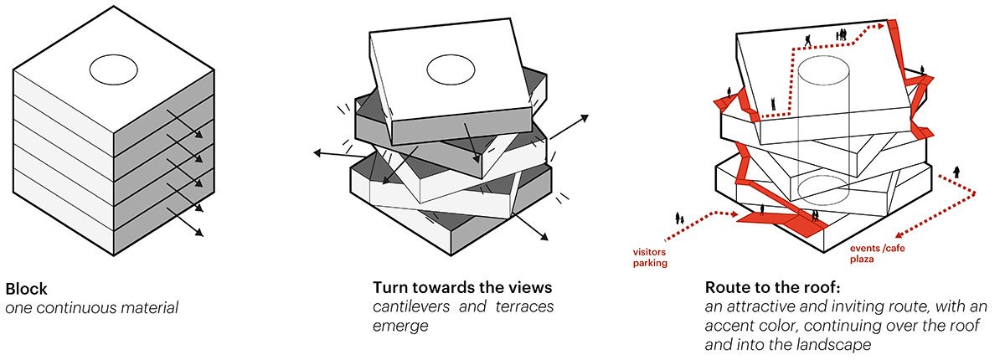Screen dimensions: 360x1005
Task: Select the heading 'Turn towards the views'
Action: click(462, 289)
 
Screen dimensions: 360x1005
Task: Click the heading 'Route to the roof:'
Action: click(765, 289)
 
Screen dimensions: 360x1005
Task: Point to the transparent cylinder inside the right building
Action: click(820, 126)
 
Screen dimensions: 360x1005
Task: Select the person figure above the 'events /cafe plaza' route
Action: click(956, 173)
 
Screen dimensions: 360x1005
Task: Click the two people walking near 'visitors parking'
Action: click(679, 219)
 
